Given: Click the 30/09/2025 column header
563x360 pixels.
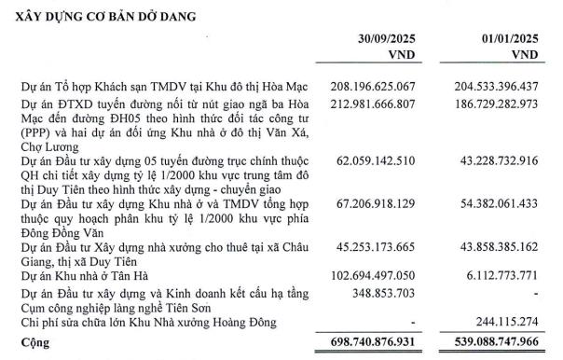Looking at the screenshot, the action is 373,39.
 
